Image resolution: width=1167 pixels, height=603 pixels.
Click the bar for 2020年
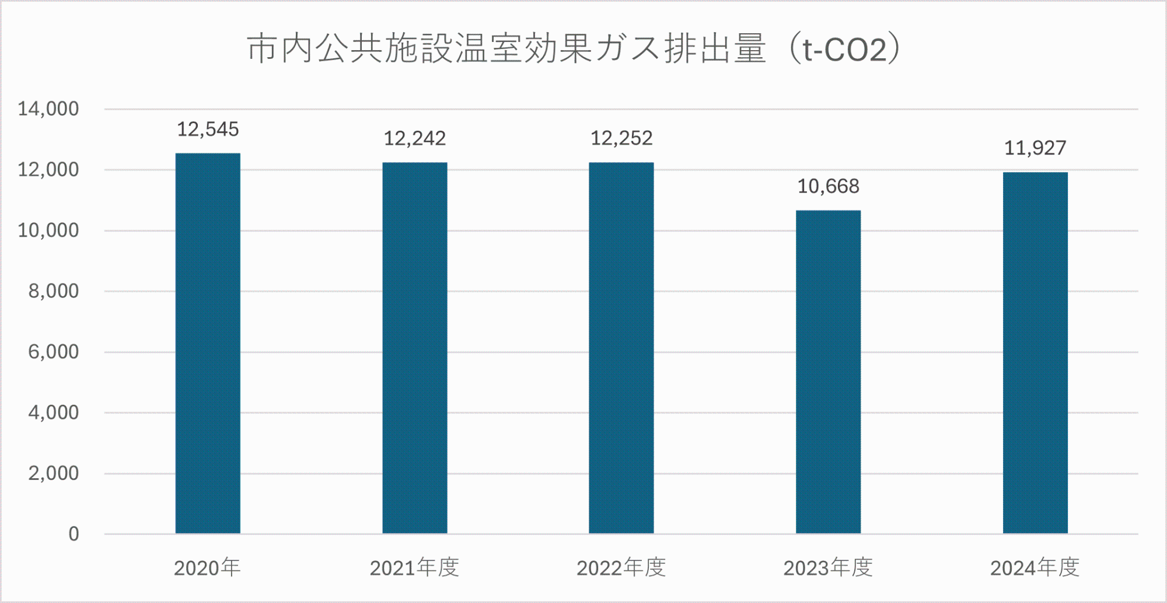pos(208,343)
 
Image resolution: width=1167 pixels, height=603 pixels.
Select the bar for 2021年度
pos(415,348)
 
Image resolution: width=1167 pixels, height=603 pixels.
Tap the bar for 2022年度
pos(621,348)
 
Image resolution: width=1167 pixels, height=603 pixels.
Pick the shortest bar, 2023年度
pos(829,372)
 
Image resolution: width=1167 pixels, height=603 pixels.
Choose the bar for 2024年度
pos(1035,353)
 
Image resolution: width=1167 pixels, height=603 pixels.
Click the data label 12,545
pos(208,129)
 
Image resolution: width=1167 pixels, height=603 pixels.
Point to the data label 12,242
pos(415,139)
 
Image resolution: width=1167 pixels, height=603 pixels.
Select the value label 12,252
pos(621,139)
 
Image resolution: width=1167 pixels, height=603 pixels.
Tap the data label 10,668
pos(829,187)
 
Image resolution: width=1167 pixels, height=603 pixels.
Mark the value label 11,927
pos(1035,148)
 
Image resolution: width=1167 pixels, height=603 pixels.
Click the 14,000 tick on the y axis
pos(48,109)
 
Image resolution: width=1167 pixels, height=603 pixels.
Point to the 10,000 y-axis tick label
pos(48,230)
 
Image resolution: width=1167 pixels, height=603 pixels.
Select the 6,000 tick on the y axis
pos(54,352)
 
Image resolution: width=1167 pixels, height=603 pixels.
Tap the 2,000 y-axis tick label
pos(54,473)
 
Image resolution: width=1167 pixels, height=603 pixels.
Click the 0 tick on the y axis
pos(74,534)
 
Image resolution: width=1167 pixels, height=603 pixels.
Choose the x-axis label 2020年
pos(207,567)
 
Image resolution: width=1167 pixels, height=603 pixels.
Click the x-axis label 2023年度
pos(828,567)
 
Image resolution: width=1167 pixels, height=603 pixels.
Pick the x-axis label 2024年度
pos(1035,567)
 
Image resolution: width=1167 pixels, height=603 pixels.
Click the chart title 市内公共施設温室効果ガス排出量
pos(506,48)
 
